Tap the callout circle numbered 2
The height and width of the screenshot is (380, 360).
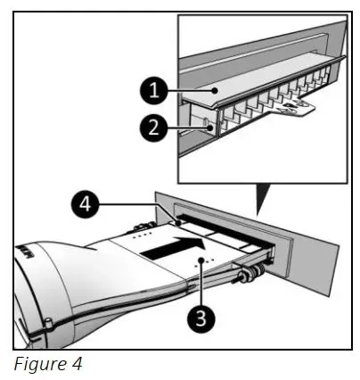tap(152, 128)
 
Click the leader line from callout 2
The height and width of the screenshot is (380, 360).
tap(183, 128)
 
